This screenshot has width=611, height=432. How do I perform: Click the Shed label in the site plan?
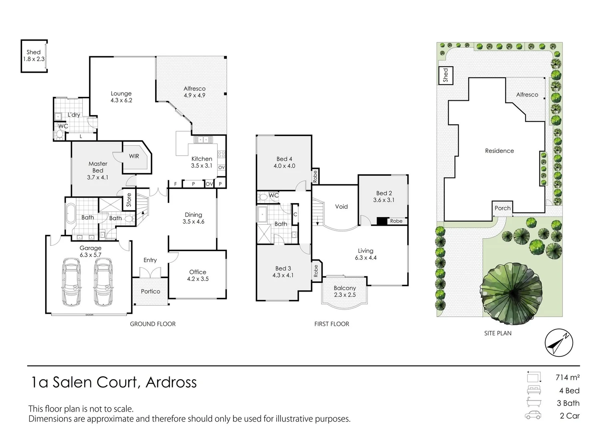pyautogui.click(x=446, y=76)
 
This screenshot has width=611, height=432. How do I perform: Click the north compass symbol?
pyautogui.click(x=559, y=343)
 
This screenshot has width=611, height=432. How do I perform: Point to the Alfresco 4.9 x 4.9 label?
pyautogui.click(x=194, y=92)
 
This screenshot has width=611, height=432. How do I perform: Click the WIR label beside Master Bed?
pyautogui.click(x=134, y=156)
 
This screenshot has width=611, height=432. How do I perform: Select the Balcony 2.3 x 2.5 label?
pyautogui.click(x=345, y=291)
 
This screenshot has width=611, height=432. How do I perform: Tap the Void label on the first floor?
pyautogui.click(x=341, y=206)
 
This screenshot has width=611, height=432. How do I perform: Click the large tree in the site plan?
pyautogui.click(x=511, y=293)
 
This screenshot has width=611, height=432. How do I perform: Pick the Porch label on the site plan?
pyautogui.click(x=502, y=208)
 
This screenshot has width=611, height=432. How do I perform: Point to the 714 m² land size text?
pyautogui.click(x=567, y=377)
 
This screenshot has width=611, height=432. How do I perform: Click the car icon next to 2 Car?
pyautogui.click(x=533, y=415)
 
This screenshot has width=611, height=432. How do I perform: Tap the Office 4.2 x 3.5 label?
pyautogui.click(x=198, y=275)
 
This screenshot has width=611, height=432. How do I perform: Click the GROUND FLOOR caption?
pyautogui.click(x=153, y=324)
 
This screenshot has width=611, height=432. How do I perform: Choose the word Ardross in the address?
pyautogui.click(x=171, y=382)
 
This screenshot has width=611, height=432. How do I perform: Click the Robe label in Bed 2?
pyautogui.click(x=396, y=221)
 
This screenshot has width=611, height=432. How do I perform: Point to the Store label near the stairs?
pyautogui.click(x=129, y=200)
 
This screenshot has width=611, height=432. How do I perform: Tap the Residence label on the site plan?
pyautogui.click(x=499, y=151)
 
